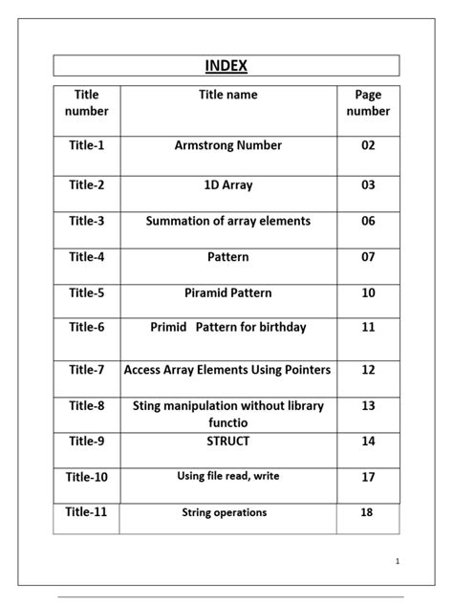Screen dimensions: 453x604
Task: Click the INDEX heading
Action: [226, 66]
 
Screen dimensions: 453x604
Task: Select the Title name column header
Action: [227, 95]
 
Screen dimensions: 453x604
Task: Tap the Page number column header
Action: [368, 103]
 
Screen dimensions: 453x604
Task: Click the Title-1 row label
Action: [87, 145]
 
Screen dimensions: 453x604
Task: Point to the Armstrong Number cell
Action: [228, 145]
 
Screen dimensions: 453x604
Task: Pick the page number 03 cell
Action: [368, 184]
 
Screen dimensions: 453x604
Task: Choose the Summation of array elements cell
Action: [228, 221]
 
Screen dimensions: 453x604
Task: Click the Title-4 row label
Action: [87, 257]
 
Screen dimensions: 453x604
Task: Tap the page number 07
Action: [368, 257]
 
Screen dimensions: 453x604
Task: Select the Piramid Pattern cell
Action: [228, 292]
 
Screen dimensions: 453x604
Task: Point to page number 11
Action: [368, 327]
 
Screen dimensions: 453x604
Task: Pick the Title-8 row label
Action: [87, 405]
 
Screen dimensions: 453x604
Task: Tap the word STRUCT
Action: [228, 441]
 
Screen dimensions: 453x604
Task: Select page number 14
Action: [368, 441]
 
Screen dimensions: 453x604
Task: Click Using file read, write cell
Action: [228, 476]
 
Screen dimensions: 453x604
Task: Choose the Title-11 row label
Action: [87, 512]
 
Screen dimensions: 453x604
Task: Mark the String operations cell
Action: [225, 513]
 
